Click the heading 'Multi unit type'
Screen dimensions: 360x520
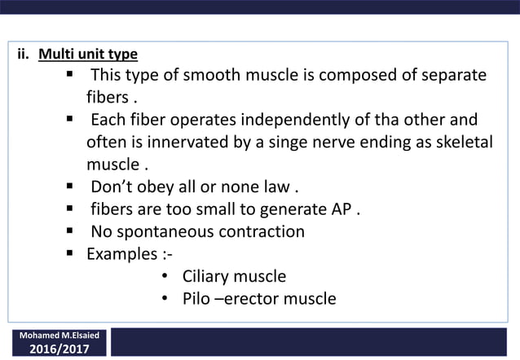click(x=88, y=55)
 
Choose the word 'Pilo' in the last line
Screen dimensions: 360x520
click(x=198, y=299)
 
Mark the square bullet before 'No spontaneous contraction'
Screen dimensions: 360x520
click(x=72, y=231)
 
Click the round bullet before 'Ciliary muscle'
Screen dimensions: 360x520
click(x=164, y=276)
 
